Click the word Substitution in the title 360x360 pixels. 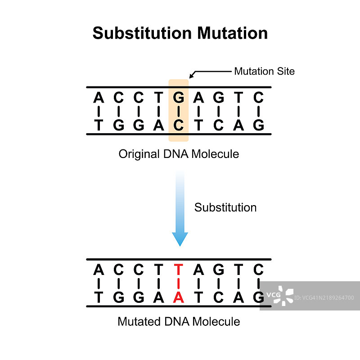point(141,33)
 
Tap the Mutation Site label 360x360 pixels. point(264,71)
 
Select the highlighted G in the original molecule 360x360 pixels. point(179,97)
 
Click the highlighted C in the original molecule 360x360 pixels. point(179,125)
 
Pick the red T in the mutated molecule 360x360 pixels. point(179,270)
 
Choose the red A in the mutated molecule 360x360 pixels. point(179,297)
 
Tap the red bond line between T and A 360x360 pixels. point(179,283)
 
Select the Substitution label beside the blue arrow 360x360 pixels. point(225,207)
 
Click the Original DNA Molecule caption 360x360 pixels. point(179,154)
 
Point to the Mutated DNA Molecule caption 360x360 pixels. point(179,321)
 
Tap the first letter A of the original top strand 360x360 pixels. point(99,97)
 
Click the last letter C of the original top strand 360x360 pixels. point(258,97)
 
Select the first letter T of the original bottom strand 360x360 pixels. point(99,125)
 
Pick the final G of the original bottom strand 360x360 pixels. point(258,125)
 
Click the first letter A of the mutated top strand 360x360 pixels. point(99,270)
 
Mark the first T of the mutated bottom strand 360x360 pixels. point(99,297)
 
